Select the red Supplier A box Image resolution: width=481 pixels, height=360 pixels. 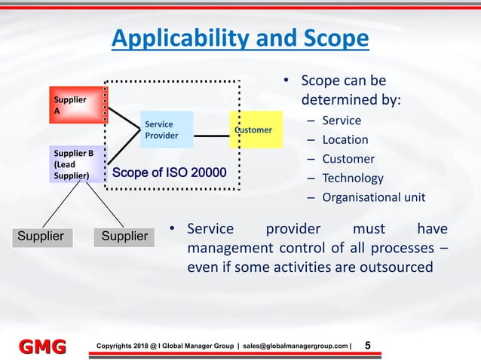click(x=78, y=105)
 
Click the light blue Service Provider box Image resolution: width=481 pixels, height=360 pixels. click(x=166, y=130)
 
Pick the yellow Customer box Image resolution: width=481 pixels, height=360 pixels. click(x=256, y=130)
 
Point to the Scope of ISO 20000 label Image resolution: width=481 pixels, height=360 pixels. click(x=169, y=174)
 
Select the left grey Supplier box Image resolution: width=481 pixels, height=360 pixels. click(x=42, y=236)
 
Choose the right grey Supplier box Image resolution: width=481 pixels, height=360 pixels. click(x=124, y=236)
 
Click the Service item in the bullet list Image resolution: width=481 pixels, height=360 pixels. click(x=342, y=121)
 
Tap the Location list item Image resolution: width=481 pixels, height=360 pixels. click(x=345, y=140)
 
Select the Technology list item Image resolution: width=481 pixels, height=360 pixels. click(x=352, y=178)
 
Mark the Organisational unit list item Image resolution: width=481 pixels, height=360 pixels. click(x=373, y=198)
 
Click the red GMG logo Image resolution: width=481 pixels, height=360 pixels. click(x=41, y=346)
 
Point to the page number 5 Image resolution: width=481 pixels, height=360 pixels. click(x=367, y=346)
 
